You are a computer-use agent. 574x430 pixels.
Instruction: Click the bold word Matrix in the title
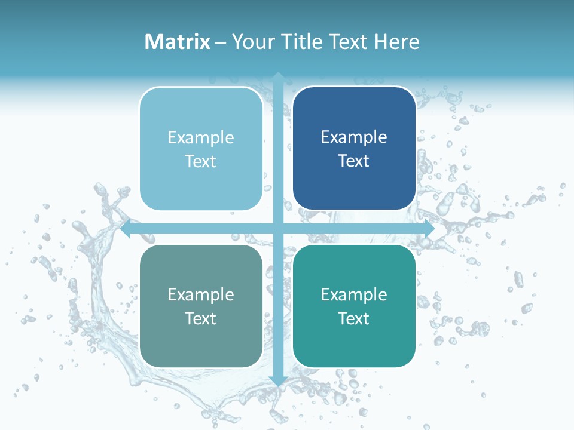[x=178, y=42]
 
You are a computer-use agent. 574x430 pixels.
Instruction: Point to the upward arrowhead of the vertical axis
[x=277, y=77]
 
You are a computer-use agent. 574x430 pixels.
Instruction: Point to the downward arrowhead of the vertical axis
[x=277, y=380]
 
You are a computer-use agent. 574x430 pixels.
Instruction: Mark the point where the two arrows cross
[x=277, y=229]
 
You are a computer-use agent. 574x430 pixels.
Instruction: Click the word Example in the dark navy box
[x=354, y=137]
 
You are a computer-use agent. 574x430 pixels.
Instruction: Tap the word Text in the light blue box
[x=201, y=162]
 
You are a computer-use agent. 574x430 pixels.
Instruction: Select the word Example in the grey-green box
[x=201, y=294]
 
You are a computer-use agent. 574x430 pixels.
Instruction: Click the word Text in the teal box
[x=354, y=319]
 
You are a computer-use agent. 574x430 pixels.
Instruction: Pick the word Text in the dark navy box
[x=354, y=161]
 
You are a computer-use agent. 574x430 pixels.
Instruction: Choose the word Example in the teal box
[x=354, y=294]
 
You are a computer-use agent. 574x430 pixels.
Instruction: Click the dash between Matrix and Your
[x=221, y=42]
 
